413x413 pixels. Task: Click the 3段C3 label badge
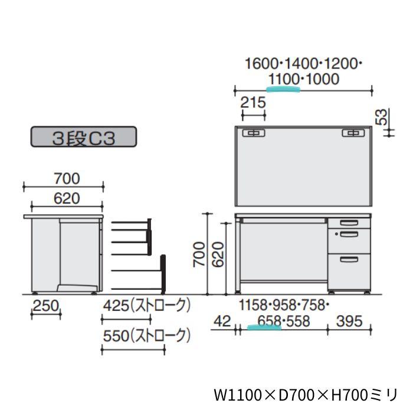[x=84, y=137]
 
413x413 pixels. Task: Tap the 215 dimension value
[x=253, y=103]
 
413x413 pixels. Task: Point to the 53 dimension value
[x=382, y=117]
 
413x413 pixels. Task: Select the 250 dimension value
[x=45, y=306]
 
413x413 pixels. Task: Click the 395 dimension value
[x=349, y=322]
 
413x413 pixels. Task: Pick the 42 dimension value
[x=222, y=322]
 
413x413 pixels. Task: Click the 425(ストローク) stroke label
[x=147, y=306]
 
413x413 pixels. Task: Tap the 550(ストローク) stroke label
[x=147, y=336]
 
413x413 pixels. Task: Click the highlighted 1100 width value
[x=284, y=79]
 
